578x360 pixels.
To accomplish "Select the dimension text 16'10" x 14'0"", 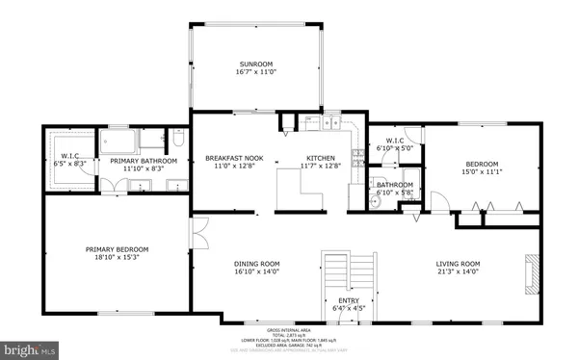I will [x=257, y=271].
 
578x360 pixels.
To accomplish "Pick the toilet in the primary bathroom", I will [x=178, y=142].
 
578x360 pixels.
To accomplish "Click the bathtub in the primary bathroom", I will [x=152, y=141].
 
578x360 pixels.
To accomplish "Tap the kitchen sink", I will [x=333, y=123].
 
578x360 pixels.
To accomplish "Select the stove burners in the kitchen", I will [x=357, y=155].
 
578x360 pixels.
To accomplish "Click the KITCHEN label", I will [x=320, y=157].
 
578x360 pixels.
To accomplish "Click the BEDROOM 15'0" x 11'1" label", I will [x=482, y=163].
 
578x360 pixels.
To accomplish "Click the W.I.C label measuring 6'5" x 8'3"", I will [x=71, y=157].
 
